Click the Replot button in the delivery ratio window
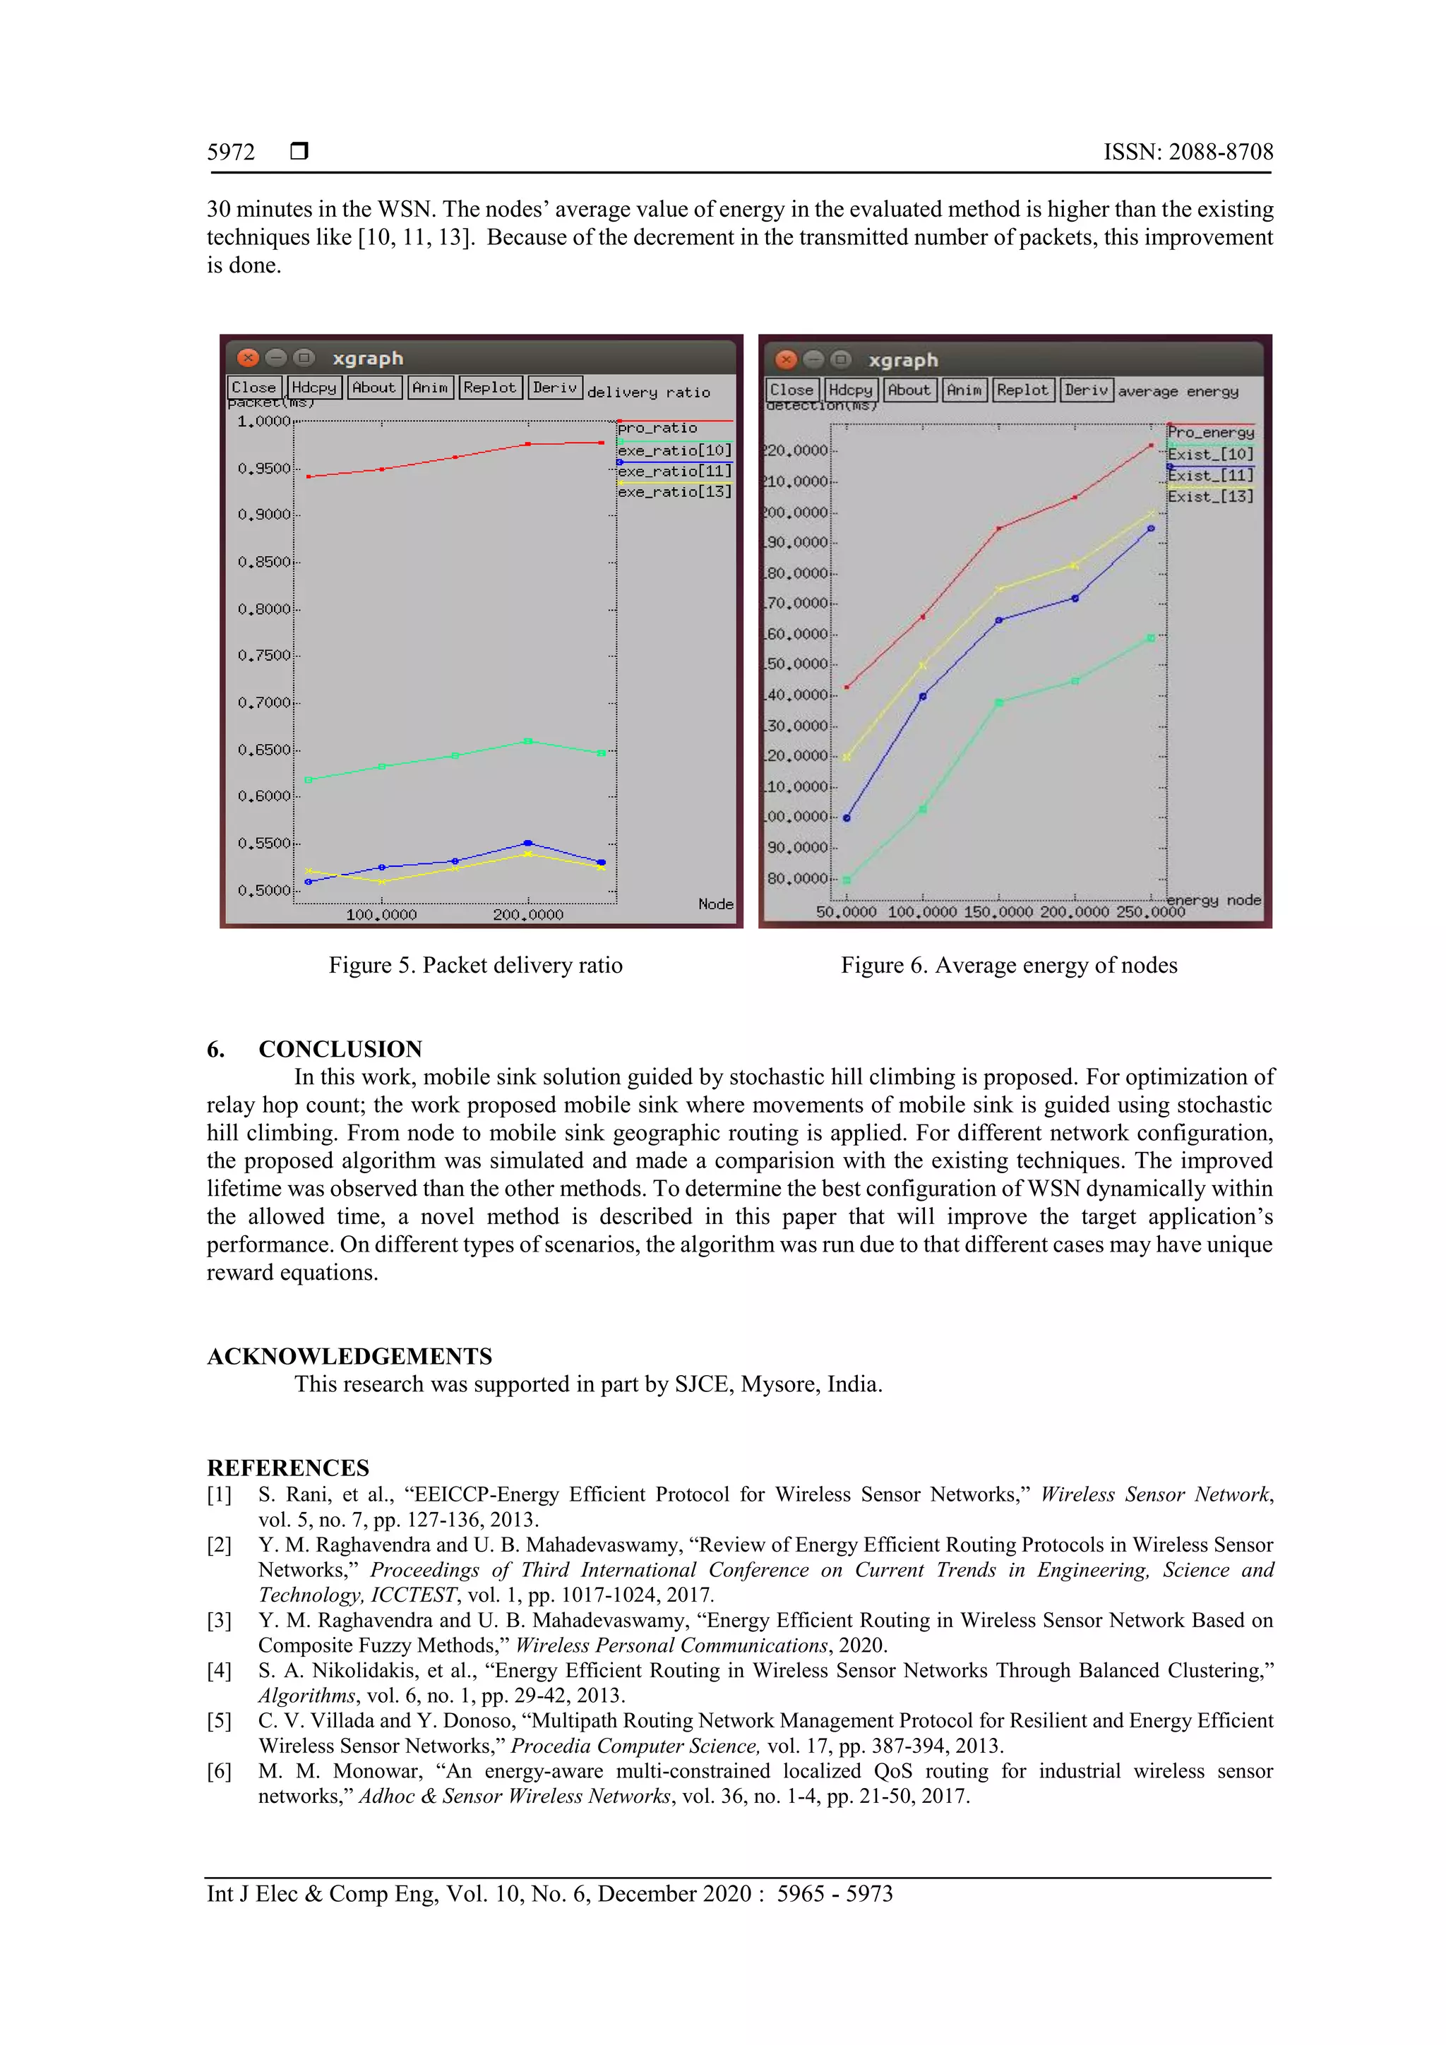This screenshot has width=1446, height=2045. pos(489,388)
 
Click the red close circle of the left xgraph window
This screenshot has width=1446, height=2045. pos(248,358)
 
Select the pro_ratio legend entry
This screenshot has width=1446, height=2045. pos(657,428)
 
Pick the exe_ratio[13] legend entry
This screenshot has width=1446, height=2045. pos(674,491)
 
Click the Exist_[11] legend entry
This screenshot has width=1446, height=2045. pos(1210,476)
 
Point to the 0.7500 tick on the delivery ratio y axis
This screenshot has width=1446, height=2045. pos(264,656)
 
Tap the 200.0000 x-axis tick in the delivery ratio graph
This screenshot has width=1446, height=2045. pos(527,915)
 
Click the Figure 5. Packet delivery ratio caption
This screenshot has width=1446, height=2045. pos(475,966)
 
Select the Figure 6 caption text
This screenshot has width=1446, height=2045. pos(1008,966)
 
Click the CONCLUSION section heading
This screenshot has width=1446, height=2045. pos(340,1049)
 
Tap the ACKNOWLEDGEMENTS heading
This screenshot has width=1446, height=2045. pos(349,1357)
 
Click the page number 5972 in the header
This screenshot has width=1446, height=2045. pos(231,152)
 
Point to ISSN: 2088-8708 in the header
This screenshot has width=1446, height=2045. pos(1188,152)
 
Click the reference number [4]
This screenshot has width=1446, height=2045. pos(219,1671)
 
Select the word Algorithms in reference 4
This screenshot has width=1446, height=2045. pos(306,1696)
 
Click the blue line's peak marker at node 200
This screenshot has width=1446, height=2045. pos(527,843)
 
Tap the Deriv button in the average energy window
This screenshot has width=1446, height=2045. pos(1085,390)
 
